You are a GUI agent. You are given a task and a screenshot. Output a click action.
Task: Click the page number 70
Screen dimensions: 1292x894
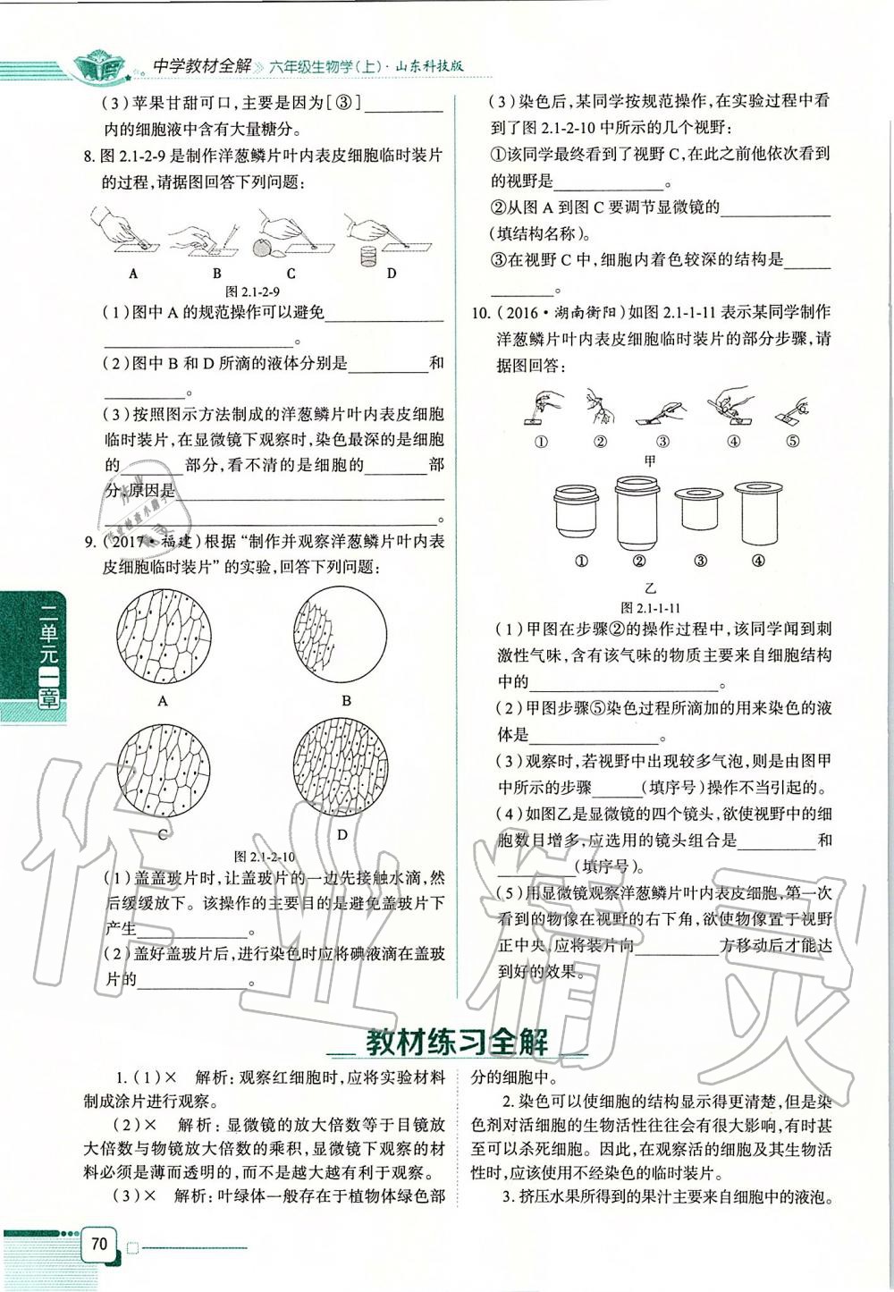[x=98, y=1244]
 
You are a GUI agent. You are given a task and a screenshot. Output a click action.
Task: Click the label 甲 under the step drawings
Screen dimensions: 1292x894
[x=650, y=460]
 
